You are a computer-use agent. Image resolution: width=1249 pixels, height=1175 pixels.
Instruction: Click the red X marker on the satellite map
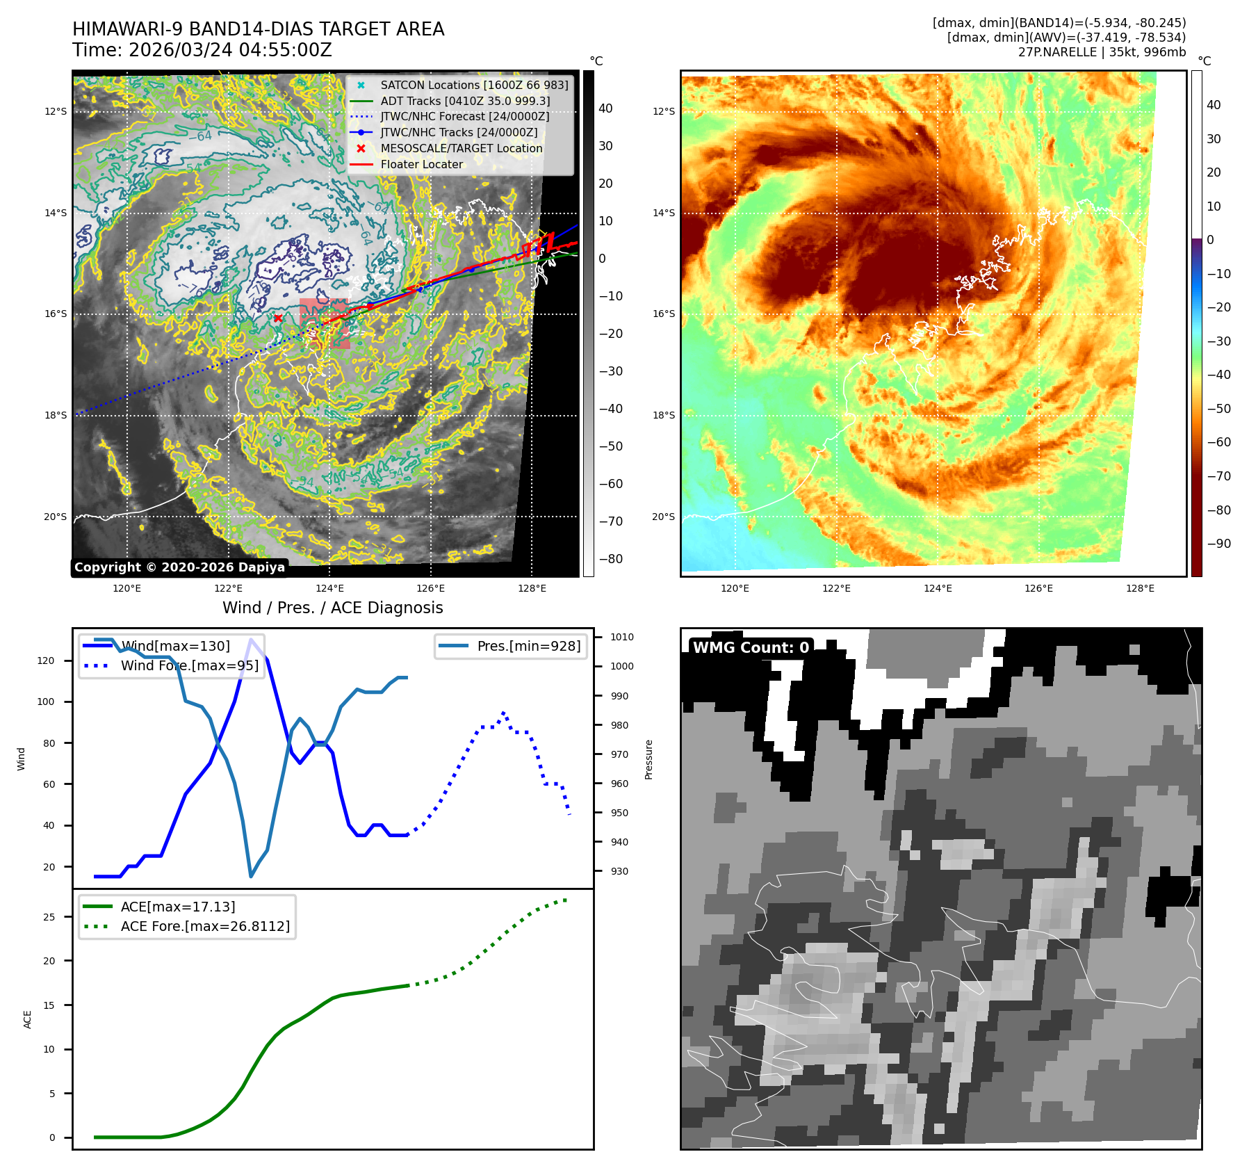[278, 318]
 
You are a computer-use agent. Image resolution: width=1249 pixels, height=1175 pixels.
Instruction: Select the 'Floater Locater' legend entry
[421, 165]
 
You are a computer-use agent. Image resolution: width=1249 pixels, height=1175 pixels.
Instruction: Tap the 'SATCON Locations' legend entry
[474, 85]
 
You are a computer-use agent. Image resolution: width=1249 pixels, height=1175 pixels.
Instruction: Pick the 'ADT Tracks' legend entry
[465, 101]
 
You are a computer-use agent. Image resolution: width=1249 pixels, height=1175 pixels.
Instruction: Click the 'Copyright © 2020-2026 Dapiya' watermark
[179, 567]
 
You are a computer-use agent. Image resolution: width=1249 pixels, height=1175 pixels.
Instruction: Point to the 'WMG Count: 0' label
[751, 648]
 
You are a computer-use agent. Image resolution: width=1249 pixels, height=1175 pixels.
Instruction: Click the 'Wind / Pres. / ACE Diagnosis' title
[332, 608]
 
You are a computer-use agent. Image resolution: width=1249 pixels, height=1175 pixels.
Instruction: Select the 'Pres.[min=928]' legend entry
[528, 646]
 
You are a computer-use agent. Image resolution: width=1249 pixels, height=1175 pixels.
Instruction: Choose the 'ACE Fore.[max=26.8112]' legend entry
[205, 926]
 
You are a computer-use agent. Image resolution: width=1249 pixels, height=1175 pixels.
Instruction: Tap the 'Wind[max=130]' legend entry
[175, 646]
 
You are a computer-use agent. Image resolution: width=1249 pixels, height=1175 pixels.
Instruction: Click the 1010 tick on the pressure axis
[621, 637]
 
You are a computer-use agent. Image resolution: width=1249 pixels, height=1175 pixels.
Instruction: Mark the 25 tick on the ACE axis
[49, 917]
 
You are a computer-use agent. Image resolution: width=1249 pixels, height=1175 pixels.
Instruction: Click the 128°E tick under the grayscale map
[532, 588]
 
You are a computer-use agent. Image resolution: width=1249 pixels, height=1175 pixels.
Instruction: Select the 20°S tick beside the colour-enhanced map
[663, 517]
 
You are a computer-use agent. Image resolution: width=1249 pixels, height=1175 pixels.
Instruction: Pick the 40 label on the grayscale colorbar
[605, 108]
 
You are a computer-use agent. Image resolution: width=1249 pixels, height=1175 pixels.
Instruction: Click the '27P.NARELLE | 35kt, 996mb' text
[1102, 52]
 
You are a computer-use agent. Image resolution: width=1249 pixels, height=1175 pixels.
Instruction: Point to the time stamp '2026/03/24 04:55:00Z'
[230, 51]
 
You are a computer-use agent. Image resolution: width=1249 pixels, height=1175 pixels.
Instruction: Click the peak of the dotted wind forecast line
[503, 713]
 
